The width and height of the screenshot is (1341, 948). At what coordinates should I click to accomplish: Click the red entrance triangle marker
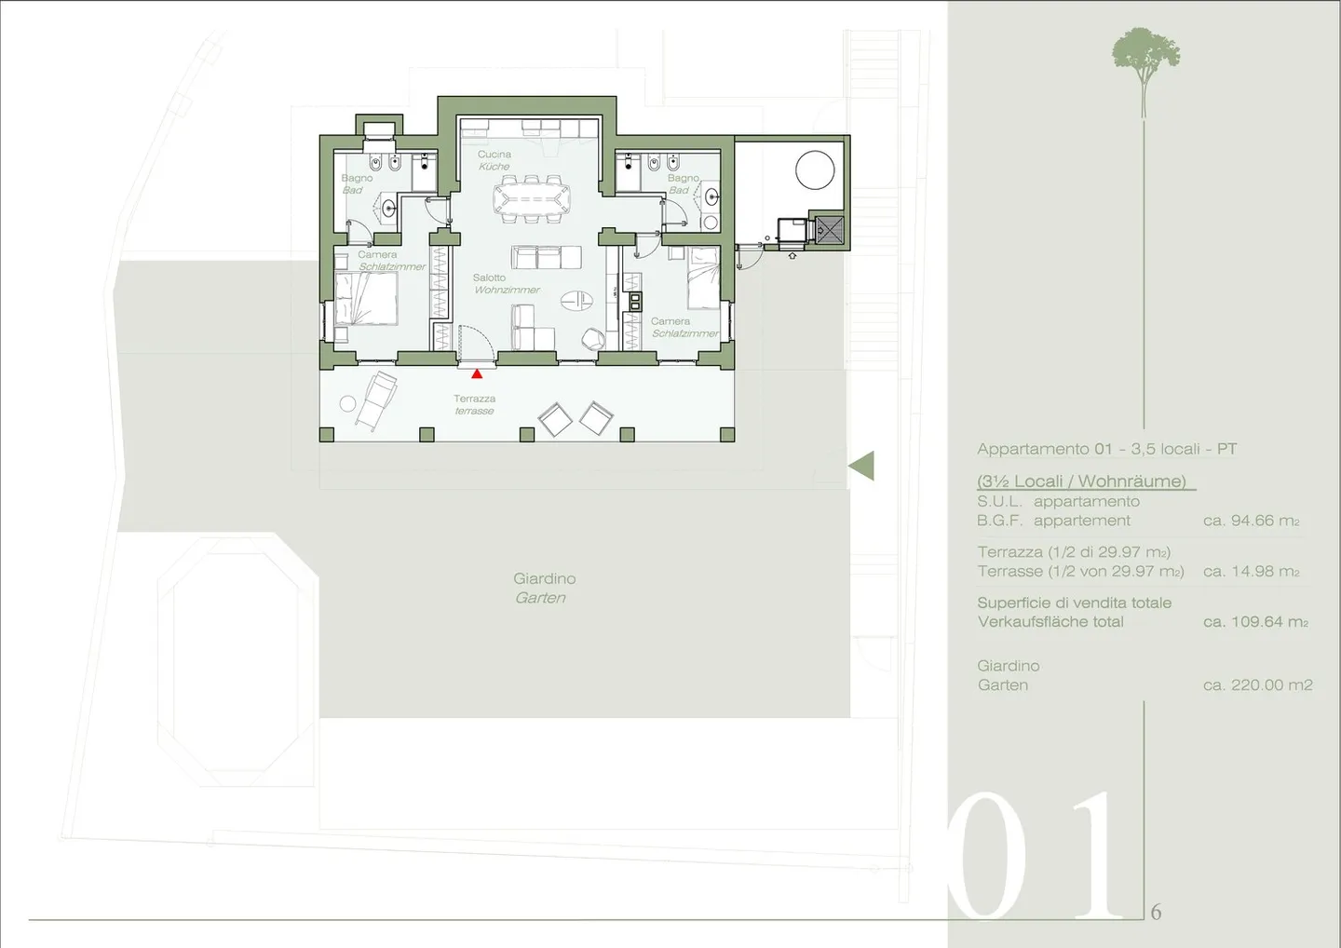(x=477, y=373)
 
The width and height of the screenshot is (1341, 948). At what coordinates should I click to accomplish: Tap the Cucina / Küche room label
(x=494, y=160)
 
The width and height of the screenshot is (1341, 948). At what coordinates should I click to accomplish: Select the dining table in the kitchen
(x=532, y=199)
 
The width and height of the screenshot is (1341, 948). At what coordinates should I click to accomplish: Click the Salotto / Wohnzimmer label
(x=506, y=284)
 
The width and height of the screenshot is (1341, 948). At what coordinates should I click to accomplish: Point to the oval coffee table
(x=576, y=299)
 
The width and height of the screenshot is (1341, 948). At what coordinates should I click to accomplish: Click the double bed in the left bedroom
(x=366, y=299)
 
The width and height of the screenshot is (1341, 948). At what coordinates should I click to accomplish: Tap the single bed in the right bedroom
(x=703, y=278)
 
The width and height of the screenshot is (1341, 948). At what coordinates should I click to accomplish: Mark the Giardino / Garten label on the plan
(x=544, y=588)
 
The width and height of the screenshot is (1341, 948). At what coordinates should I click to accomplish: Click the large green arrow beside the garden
(x=861, y=466)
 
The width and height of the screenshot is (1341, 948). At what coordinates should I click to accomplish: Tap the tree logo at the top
(x=1145, y=56)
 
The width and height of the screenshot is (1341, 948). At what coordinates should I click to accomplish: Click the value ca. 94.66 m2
(x=1251, y=521)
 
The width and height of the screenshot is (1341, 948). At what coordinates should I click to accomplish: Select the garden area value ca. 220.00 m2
(x=1257, y=684)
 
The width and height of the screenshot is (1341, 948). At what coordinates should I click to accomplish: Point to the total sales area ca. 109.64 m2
(x=1254, y=621)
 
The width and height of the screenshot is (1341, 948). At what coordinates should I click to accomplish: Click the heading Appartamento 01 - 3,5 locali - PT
(x=1106, y=449)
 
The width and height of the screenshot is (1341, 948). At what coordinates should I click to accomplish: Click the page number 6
(x=1156, y=912)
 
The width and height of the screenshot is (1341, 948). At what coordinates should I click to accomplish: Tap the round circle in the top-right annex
(x=815, y=170)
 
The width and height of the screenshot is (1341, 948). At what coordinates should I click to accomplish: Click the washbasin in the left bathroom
(x=388, y=208)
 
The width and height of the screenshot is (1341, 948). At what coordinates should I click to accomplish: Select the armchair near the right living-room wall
(x=592, y=340)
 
